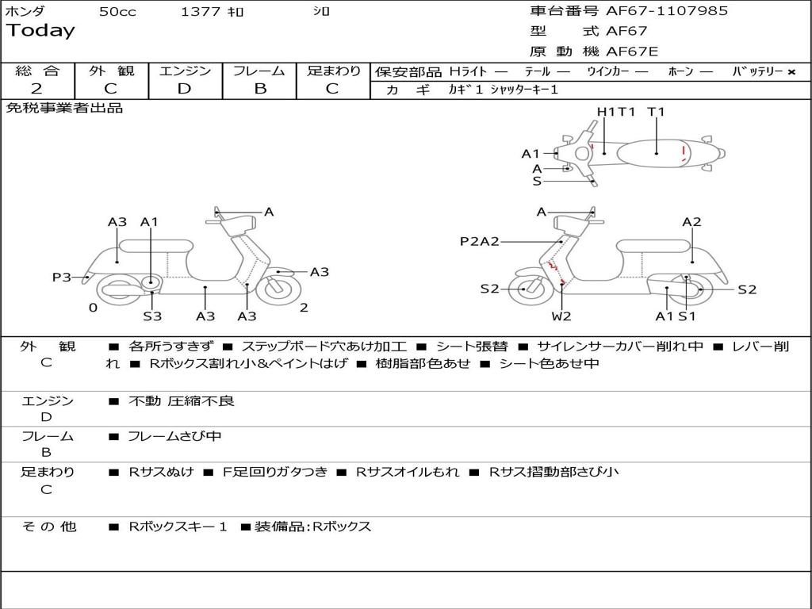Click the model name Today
40,31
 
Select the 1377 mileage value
200,12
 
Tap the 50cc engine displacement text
117,12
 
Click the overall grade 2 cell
37,89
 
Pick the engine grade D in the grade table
184,89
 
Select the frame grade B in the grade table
259,89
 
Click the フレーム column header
259,71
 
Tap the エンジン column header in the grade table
185,71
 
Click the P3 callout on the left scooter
61,277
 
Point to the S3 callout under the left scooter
152,316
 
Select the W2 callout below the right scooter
561,316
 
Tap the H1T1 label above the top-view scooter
616,112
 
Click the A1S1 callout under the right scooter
675,316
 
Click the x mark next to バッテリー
791,72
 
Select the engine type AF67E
632,52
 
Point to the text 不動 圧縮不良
182,401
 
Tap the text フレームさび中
174,436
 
